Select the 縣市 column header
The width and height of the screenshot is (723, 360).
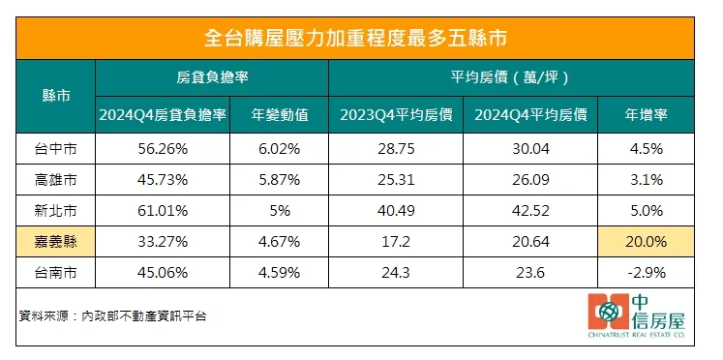click(56, 96)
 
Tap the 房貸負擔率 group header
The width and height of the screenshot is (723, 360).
click(212, 77)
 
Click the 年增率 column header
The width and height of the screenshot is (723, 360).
click(647, 116)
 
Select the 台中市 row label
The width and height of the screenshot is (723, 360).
click(56, 150)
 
